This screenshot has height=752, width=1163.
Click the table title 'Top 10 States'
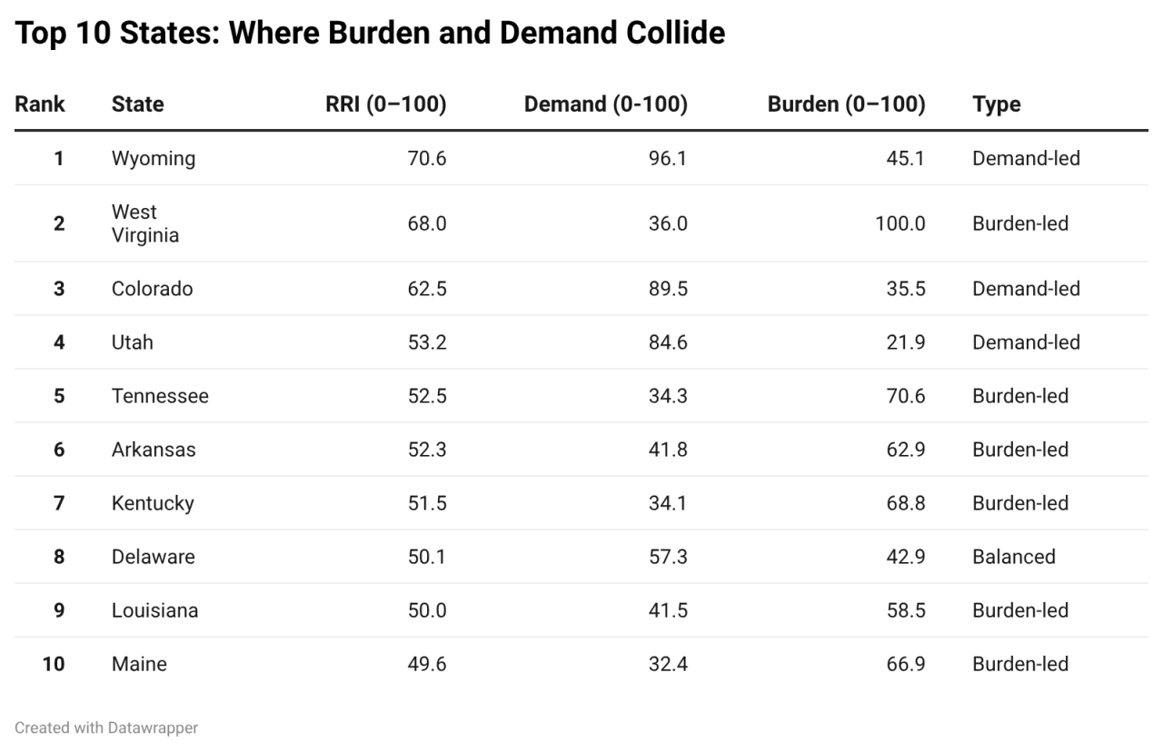[370, 34]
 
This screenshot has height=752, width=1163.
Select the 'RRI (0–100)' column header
[385, 104]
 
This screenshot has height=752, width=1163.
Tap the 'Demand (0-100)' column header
[605, 104]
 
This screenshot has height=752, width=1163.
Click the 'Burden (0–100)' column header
[846, 104]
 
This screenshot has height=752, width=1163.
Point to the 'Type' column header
[996, 104]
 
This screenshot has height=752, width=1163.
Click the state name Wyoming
[153, 159]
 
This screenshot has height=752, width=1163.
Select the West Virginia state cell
[144, 223]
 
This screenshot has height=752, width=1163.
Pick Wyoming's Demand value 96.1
[668, 159]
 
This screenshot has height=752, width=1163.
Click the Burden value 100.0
[900, 223]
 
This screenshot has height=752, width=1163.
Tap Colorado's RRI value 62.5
[426, 289]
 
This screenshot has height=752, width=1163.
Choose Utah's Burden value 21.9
[905, 342]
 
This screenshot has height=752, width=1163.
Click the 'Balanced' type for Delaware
[1013, 557]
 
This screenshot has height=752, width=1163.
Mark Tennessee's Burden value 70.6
[905, 396]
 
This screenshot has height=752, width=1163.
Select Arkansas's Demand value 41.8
[668, 450]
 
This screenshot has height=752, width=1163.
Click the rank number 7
[59, 503]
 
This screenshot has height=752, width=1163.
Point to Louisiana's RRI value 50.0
[426, 610]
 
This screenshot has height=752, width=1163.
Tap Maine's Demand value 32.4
[668, 664]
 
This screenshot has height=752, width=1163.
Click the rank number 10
[55, 664]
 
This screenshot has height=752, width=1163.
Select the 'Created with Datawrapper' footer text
[106, 727]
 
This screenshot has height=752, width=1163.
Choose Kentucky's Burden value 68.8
[905, 503]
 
